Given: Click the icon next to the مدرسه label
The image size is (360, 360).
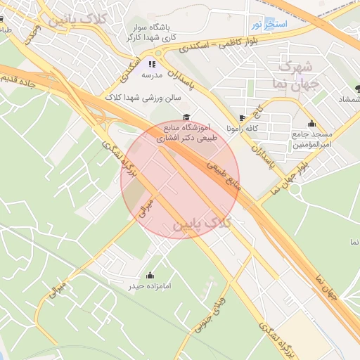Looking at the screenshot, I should [x=153, y=64].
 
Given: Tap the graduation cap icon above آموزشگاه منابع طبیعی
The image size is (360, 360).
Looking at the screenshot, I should [x=186, y=117].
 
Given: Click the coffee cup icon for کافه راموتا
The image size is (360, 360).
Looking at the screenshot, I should [x=243, y=117].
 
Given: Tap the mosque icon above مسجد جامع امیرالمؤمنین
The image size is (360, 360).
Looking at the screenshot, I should [x=311, y=123].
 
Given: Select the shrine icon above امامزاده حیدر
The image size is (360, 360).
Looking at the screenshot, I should [x=149, y=275].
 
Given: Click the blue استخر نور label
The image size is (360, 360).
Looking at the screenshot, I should [x=268, y=25].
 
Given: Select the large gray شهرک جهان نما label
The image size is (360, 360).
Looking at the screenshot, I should [x=300, y=76].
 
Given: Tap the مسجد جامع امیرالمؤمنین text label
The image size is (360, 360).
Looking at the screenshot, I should [x=311, y=139].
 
